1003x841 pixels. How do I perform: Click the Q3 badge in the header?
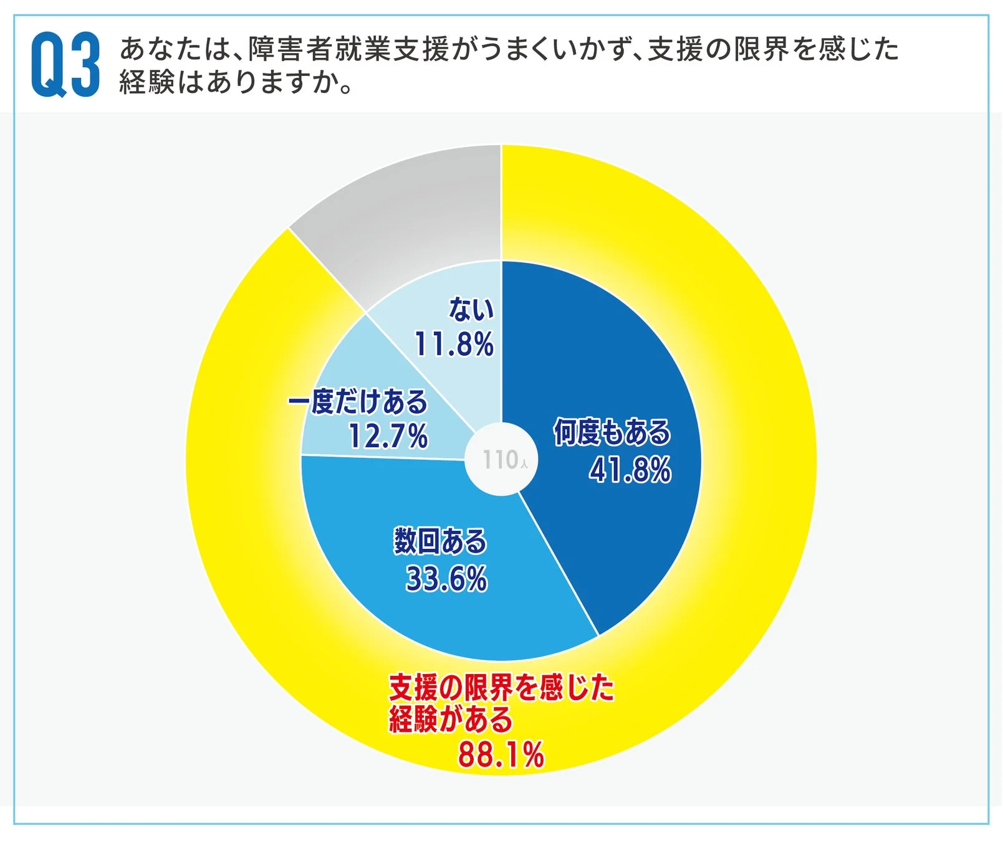(x=65, y=65)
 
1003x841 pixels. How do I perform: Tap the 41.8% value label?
(x=630, y=470)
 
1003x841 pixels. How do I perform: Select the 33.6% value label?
(x=446, y=579)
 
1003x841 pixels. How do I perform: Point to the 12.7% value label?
(x=388, y=435)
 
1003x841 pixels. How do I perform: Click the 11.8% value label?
(x=454, y=344)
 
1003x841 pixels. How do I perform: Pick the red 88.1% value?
(x=501, y=755)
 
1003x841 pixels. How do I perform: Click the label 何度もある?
(x=612, y=432)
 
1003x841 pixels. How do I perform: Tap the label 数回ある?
(x=440, y=541)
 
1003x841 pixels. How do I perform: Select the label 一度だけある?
(x=358, y=402)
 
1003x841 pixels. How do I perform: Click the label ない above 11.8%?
(x=471, y=309)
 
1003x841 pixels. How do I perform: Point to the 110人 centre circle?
(x=502, y=460)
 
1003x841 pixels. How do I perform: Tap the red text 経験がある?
(x=451, y=720)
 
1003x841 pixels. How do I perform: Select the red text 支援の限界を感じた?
(x=501, y=688)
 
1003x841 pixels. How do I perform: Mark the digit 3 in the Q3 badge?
(x=85, y=65)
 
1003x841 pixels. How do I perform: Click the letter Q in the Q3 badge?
(x=49, y=65)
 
